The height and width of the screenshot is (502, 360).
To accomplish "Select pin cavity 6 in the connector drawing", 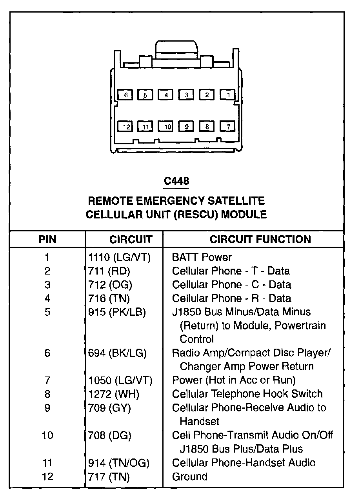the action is click(125, 95).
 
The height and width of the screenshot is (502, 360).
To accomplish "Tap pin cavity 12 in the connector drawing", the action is click(125, 127).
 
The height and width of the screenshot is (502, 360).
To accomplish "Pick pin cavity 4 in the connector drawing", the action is click(166, 95).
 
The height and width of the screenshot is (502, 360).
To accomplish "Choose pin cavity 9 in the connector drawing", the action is click(187, 127).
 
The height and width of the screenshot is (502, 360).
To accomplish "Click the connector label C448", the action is click(176, 181).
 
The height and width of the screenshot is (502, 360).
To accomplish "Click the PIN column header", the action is click(47, 239).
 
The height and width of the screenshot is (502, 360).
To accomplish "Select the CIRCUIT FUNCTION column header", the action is click(260, 239).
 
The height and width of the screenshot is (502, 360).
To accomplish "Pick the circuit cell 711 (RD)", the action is click(109, 271).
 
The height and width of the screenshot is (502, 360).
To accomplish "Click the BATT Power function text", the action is click(202, 258).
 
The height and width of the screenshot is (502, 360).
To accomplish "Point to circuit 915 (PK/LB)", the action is click(117, 312).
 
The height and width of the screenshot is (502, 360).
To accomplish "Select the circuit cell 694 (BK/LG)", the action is click(117, 353).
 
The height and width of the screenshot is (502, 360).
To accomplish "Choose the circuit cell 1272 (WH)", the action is click(114, 394).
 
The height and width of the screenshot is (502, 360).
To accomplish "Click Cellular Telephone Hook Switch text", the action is click(247, 394).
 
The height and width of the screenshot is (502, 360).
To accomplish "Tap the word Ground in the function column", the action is click(190, 477).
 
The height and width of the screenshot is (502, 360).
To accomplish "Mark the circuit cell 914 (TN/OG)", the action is click(119, 463).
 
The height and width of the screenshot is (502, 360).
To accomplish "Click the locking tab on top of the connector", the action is click(176, 49).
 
